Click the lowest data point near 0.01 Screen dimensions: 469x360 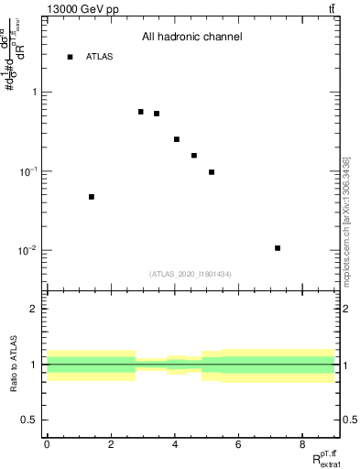click(278, 248)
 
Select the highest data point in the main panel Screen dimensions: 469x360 click(141, 112)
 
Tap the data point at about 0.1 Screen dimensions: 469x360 click(212, 172)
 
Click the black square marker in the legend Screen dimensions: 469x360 click(70, 57)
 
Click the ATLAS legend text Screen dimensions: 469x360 click(99, 57)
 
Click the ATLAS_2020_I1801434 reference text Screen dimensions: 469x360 click(191, 274)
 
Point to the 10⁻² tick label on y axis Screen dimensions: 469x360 click(27, 251)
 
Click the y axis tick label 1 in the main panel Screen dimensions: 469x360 click(34, 93)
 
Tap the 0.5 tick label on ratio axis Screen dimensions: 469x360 click(29, 420)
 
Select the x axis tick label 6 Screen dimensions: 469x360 click(238, 444)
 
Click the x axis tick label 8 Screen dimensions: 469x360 click(302, 444)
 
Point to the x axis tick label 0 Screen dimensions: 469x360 click(47, 444)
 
